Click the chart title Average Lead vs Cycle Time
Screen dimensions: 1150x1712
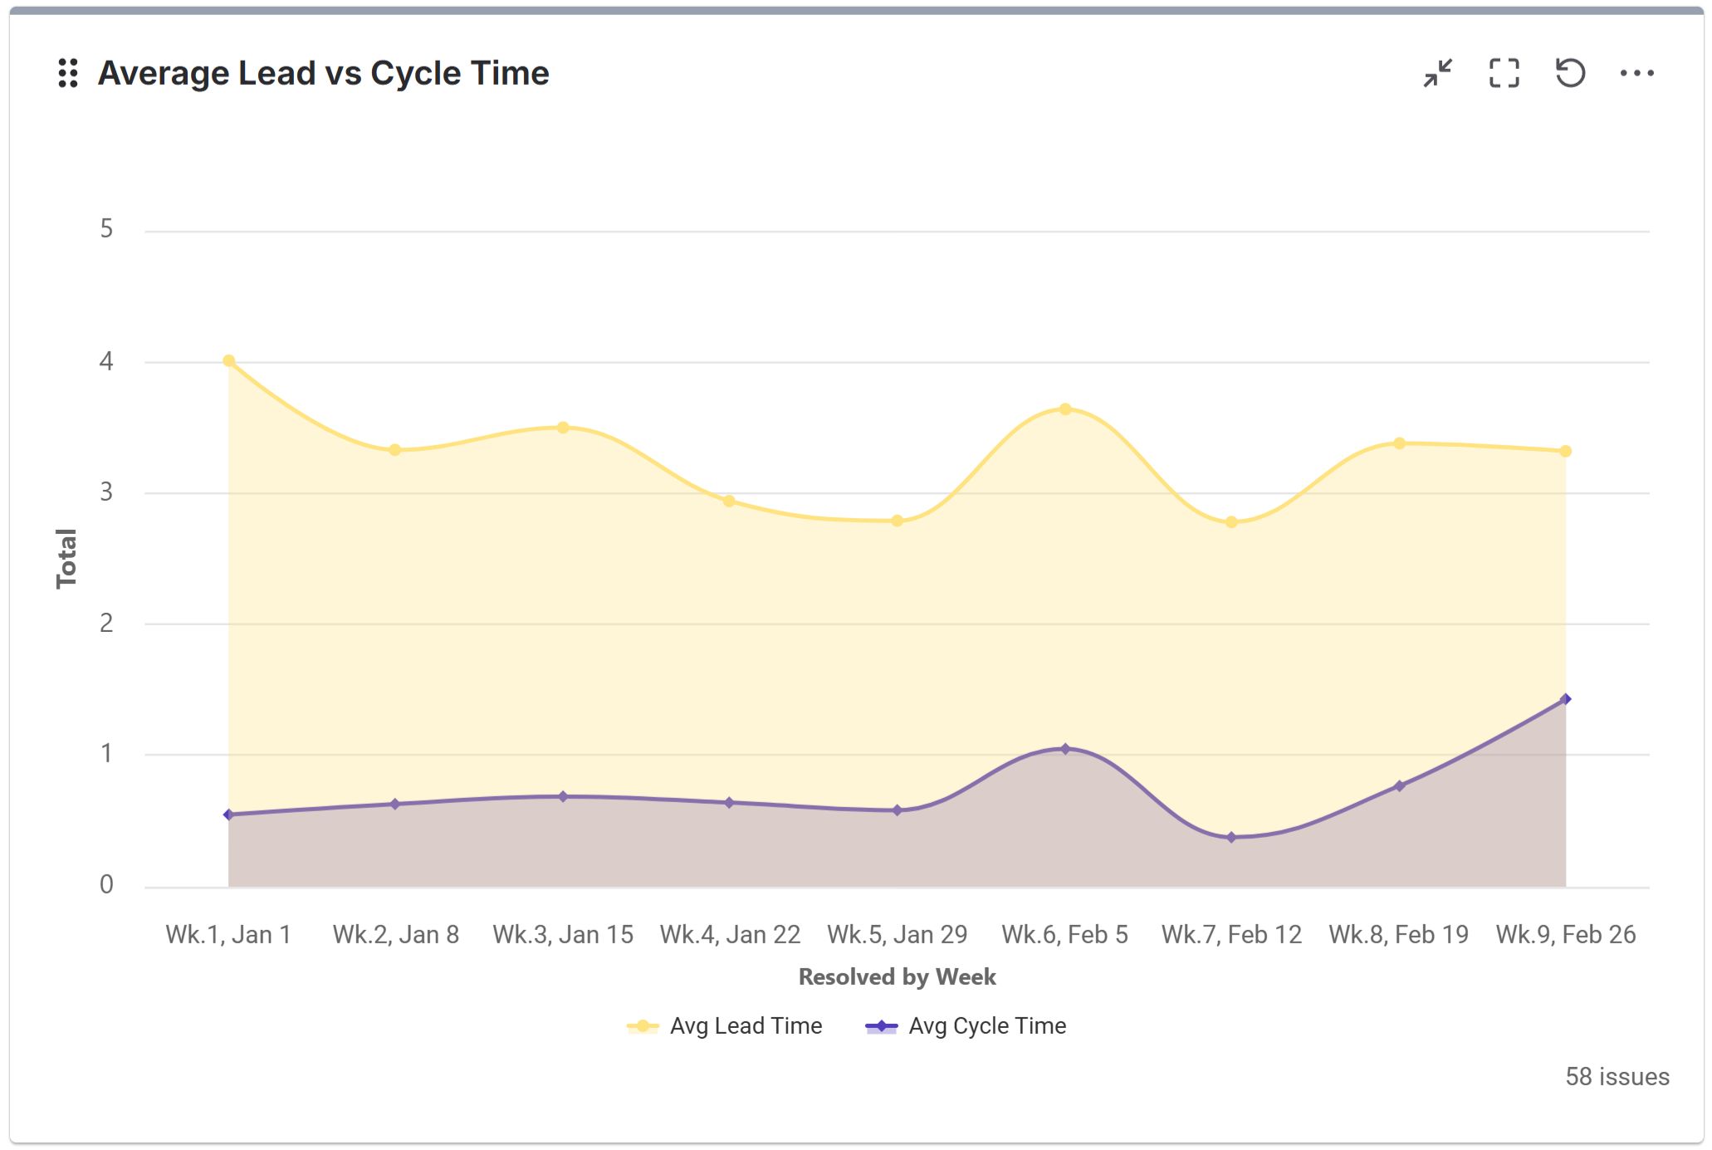point(323,73)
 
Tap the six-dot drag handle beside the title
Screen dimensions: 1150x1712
point(68,73)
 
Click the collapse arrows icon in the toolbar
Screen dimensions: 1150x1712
point(1437,73)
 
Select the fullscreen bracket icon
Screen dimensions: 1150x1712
point(1504,73)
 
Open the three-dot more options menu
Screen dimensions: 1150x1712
point(1636,73)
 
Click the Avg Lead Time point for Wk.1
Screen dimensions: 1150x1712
point(229,361)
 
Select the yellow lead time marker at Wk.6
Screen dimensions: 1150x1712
point(1065,409)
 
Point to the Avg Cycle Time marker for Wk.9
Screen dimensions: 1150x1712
point(1566,699)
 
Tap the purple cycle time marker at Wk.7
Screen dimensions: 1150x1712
point(1231,838)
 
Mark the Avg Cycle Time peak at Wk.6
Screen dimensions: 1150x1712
point(1065,749)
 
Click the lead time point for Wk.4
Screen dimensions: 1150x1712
point(729,502)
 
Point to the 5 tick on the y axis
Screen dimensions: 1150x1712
point(106,229)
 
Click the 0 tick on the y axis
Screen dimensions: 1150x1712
point(106,885)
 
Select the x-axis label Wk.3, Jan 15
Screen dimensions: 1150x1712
point(563,935)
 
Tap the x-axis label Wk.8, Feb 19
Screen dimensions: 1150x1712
point(1398,935)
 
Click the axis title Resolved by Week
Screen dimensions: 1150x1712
point(897,977)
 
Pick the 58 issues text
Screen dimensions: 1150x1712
point(1617,1077)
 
